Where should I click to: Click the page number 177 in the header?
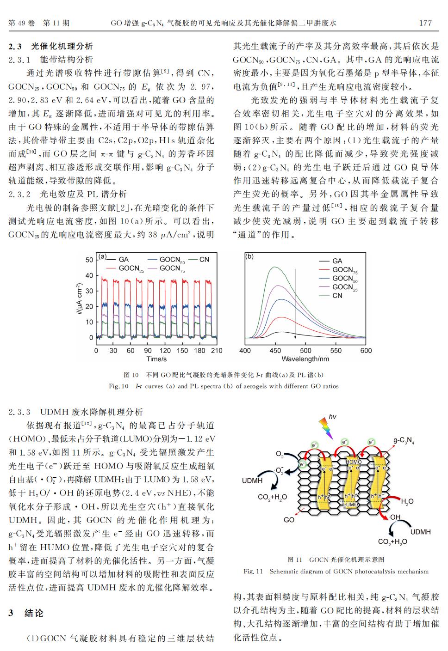point(425,23)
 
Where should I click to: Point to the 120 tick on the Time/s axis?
point(165,351)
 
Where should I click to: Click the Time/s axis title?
point(156,359)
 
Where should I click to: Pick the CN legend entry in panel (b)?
point(337,296)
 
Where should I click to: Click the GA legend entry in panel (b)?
point(337,261)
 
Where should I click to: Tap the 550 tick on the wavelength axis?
point(336,351)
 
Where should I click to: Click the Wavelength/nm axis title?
point(305,359)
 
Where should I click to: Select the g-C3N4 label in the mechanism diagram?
point(403,441)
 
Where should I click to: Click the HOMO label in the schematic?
point(354,462)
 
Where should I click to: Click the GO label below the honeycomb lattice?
point(289,520)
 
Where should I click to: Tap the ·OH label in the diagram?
point(395,517)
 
